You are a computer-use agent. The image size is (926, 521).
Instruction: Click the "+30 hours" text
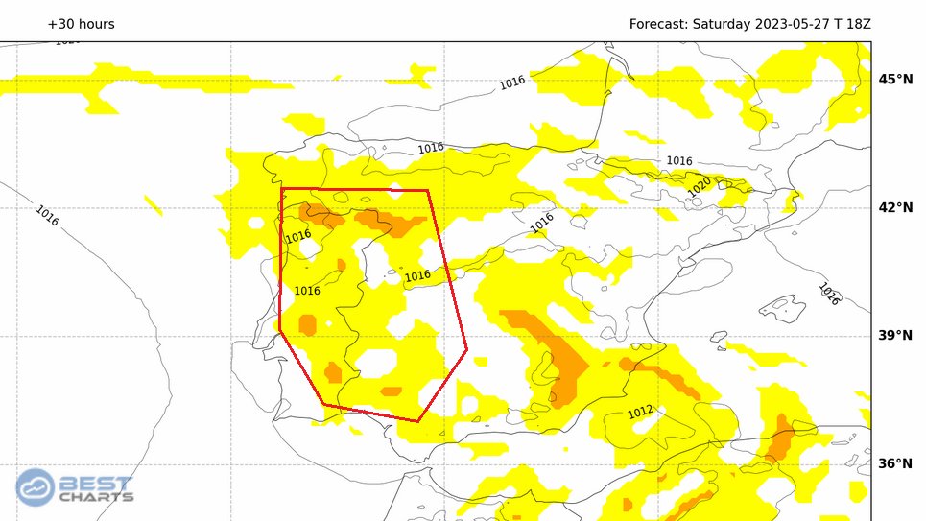pos(81,24)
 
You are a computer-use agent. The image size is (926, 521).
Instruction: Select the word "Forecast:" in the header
pos(657,24)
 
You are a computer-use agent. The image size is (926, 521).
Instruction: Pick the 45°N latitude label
pos(896,79)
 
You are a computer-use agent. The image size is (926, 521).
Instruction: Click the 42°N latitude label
pos(896,207)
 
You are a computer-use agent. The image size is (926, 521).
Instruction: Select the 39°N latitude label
pos(896,335)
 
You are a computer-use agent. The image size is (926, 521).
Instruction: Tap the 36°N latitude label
pos(896,463)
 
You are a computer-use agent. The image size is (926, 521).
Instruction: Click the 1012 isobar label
pos(640,412)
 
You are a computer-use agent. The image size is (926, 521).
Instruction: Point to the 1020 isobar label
pos(700,186)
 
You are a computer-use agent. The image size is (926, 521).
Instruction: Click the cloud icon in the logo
pos(36,487)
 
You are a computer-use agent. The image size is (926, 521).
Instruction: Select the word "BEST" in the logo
pos(96,483)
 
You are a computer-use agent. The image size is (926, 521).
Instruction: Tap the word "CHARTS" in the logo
pos(96,497)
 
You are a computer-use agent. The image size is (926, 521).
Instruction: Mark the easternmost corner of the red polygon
pos(467,349)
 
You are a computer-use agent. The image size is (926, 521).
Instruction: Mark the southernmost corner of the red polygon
pos(418,420)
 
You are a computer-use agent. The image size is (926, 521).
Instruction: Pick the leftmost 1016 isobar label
pos(47,215)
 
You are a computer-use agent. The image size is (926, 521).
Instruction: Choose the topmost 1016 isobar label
pos(511,83)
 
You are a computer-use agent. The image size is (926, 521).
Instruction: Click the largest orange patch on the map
pos(552,349)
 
